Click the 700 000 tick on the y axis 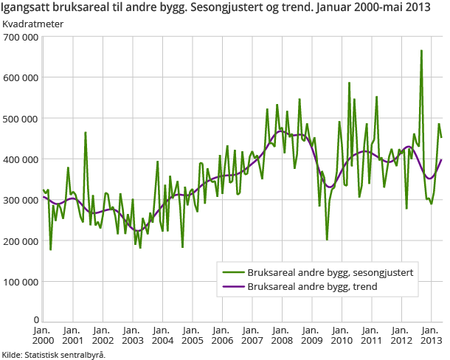pos(20,36)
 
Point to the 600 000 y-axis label pos(20,77)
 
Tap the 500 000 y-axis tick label pos(20,118)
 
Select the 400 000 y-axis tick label pos(20,159)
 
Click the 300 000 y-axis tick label pos(20,200)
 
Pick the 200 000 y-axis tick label pos(20,241)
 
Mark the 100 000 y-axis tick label pos(20,282)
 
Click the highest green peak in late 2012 pos(421,51)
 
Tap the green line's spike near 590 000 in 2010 pos(350,83)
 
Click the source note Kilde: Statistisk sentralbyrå pos(54,354)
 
